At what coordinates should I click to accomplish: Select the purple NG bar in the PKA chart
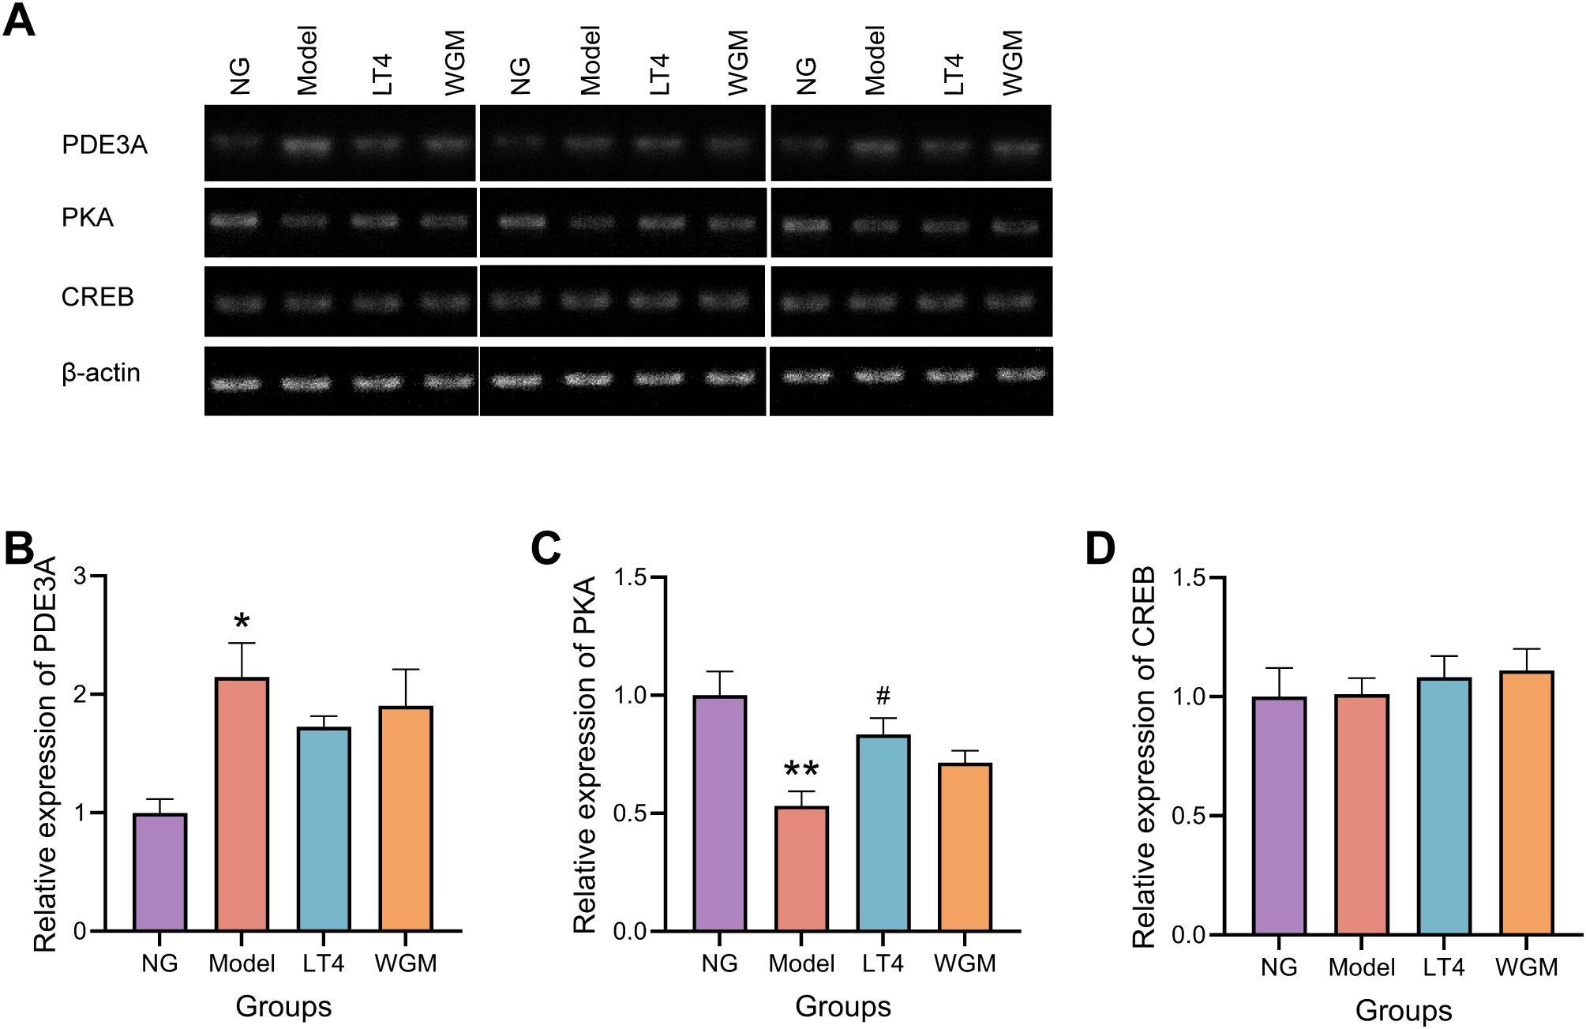(x=720, y=813)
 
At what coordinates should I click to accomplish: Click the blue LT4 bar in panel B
(x=324, y=829)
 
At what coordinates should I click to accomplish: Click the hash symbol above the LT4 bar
(x=883, y=697)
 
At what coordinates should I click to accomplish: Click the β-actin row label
(x=101, y=373)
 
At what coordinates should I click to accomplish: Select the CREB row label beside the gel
(x=98, y=298)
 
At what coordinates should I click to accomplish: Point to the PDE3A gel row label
(x=104, y=145)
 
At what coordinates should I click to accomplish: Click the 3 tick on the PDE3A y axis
(x=79, y=576)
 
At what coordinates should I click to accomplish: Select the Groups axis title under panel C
(x=842, y=1006)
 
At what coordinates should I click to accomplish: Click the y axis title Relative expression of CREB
(x=1144, y=756)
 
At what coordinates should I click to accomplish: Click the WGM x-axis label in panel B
(x=406, y=964)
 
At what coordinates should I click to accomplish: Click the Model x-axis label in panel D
(x=1362, y=967)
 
